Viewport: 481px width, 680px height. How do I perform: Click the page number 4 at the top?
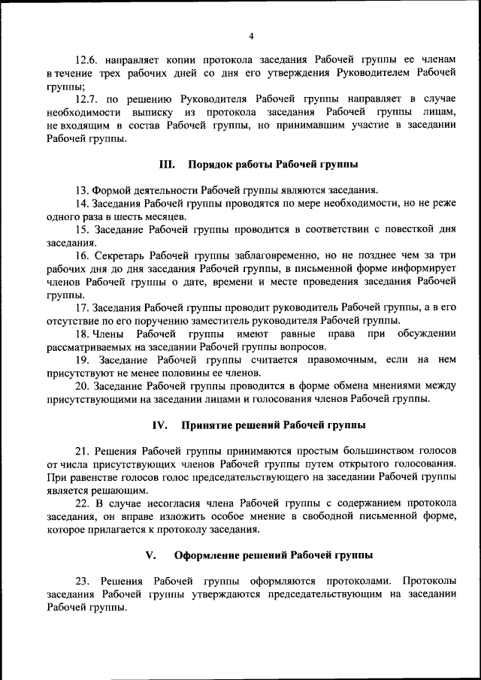251,35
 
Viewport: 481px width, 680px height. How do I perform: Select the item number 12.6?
89,58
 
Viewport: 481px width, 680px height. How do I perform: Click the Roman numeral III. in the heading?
167,164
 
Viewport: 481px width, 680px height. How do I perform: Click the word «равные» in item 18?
282,334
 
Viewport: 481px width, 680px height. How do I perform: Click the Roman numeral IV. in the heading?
159,425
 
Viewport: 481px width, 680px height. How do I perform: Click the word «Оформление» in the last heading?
208,556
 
